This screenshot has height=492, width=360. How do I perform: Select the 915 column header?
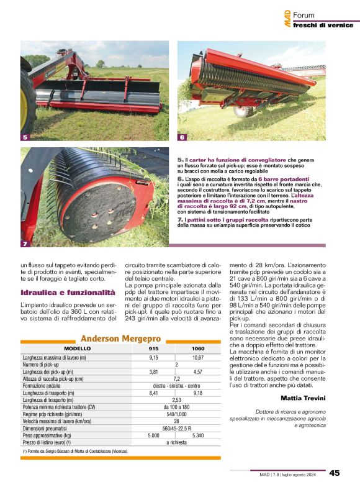click(x=154, y=349)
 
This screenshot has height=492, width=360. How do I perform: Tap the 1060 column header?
click(x=198, y=349)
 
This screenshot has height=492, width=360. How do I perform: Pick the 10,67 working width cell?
click(x=198, y=358)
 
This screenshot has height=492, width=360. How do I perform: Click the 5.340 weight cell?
click(x=198, y=436)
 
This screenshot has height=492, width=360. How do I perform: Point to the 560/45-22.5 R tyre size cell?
click(x=176, y=428)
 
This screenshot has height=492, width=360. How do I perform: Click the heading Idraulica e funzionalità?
click(x=67, y=292)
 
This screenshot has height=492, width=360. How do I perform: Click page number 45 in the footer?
click(x=335, y=473)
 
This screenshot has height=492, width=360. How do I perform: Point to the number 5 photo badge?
click(x=25, y=137)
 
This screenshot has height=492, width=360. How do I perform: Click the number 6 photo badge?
click(x=182, y=137)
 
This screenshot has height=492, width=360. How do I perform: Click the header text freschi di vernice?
click(x=322, y=25)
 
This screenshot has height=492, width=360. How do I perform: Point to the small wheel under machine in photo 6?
click(x=242, y=111)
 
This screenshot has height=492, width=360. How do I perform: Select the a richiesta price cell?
click(x=176, y=442)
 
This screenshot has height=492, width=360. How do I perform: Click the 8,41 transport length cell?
click(x=154, y=393)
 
